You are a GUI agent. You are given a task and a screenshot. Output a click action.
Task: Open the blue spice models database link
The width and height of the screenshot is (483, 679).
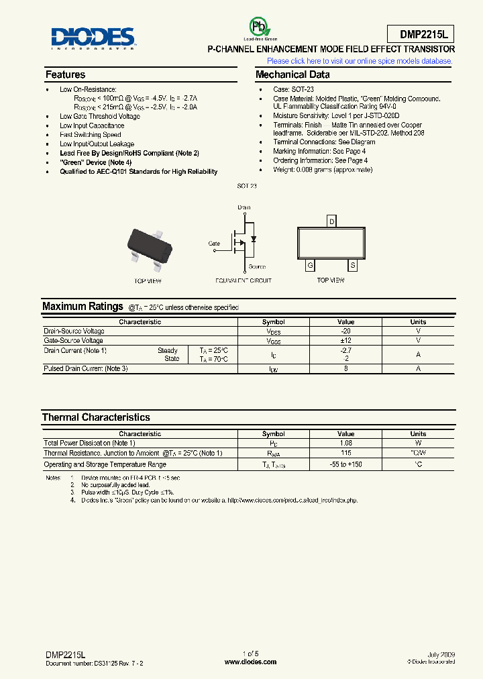[360, 61]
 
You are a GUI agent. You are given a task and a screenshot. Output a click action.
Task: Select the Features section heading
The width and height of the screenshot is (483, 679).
[65, 74]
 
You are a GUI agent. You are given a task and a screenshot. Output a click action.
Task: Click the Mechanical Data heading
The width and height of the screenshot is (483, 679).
[292, 74]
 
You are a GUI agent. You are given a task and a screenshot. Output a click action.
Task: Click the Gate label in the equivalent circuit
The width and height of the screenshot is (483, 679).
[214, 244]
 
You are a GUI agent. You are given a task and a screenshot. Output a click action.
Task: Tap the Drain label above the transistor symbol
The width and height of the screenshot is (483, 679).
[244, 208]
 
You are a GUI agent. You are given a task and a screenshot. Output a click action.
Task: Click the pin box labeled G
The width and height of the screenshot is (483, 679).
[310, 266]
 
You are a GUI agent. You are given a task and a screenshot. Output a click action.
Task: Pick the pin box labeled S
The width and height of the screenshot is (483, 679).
[353, 266]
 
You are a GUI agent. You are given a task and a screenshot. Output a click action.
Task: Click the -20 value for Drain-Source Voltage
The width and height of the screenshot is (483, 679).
[346, 331]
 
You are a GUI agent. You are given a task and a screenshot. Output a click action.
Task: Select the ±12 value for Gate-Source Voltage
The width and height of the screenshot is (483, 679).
[346, 341]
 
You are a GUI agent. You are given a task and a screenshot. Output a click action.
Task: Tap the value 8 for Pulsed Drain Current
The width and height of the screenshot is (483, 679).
[346, 369]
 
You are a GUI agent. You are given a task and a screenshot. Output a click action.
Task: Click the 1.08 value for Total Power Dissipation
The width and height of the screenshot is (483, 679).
[346, 443]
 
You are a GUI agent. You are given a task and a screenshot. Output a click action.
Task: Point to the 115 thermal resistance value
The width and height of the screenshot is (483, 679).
[346, 454]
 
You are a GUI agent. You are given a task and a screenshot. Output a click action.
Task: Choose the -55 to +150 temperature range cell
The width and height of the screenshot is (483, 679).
[346, 464]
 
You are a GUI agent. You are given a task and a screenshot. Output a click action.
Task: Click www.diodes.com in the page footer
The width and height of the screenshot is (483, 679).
[250, 662]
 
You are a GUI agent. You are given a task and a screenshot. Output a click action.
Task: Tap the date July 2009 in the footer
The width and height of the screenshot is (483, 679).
[441, 654]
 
